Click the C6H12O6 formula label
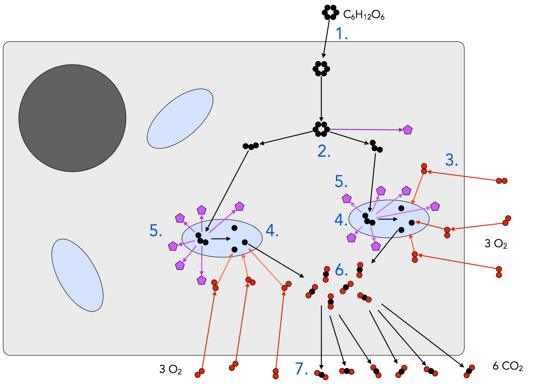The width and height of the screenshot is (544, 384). click(364, 15)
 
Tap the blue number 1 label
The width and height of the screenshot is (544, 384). click(341, 34)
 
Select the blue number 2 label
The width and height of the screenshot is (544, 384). click(324, 151)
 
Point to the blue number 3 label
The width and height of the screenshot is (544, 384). click(451, 160)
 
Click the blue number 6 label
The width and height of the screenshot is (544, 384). click(341, 270)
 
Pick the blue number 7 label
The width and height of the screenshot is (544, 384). click(301, 368)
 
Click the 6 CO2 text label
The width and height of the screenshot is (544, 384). click(507, 366)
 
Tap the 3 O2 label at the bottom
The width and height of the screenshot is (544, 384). click(170, 369)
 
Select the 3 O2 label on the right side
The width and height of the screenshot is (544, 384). click(496, 244)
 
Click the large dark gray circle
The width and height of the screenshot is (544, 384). click(72, 118)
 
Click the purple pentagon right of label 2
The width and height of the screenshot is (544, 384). click(408, 130)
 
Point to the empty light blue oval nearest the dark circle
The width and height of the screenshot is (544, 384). click(180, 119)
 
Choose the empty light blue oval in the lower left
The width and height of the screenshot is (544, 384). click(77, 275)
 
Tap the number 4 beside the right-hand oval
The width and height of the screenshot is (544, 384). click(340, 220)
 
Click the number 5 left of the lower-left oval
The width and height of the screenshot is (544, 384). click(156, 231)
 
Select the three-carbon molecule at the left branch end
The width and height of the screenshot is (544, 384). click(251, 146)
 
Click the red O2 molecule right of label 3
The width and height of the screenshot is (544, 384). click(501, 181)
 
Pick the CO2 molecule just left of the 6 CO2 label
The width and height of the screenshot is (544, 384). click(469, 371)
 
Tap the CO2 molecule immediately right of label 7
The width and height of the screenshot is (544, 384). click(321, 375)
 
